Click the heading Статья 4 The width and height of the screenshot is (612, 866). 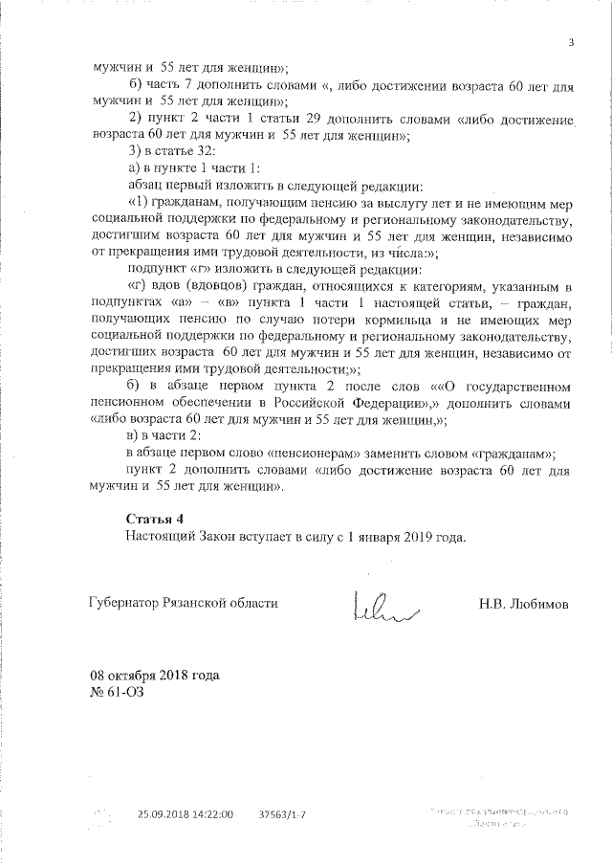click(152, 518)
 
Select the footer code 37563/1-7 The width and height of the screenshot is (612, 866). click(283, 813)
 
